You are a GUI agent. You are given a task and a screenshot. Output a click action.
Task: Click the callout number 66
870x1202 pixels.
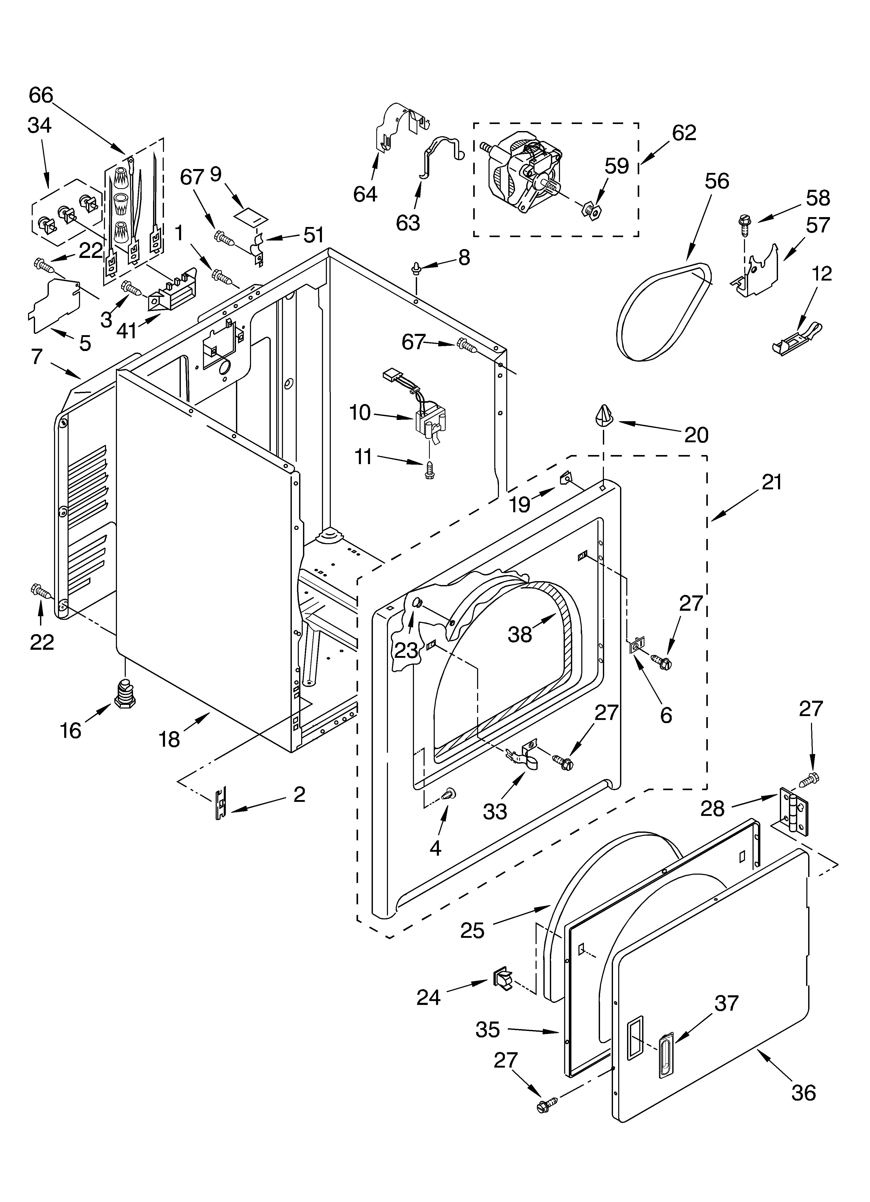click(x=41, y=95)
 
